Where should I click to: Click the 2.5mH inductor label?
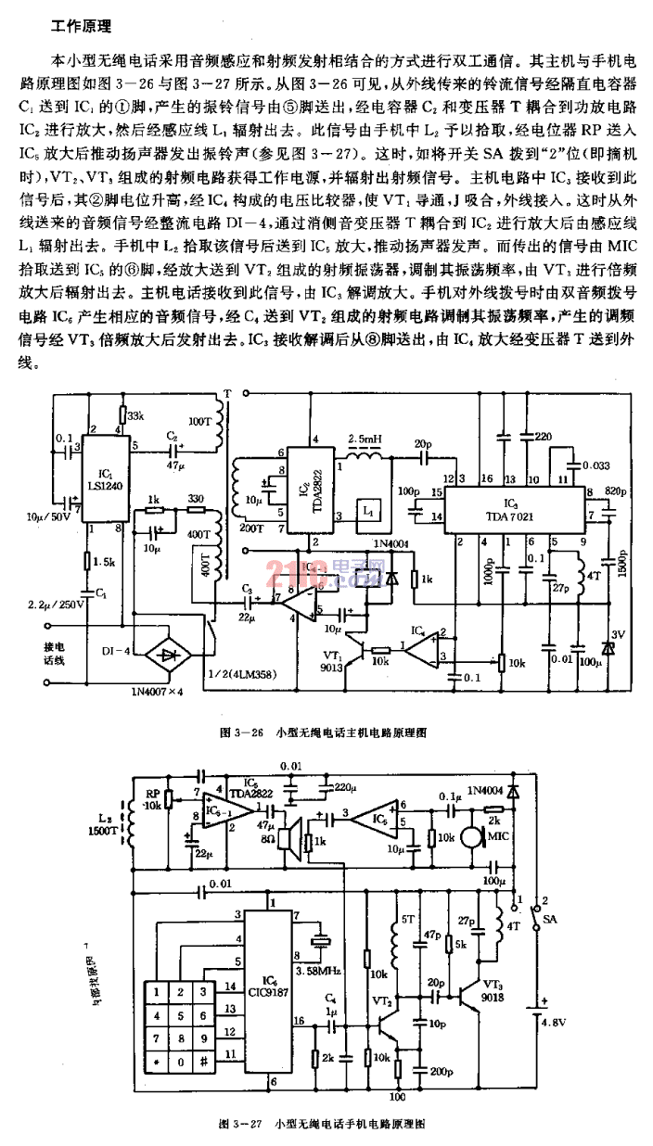click(x=363, y=438)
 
